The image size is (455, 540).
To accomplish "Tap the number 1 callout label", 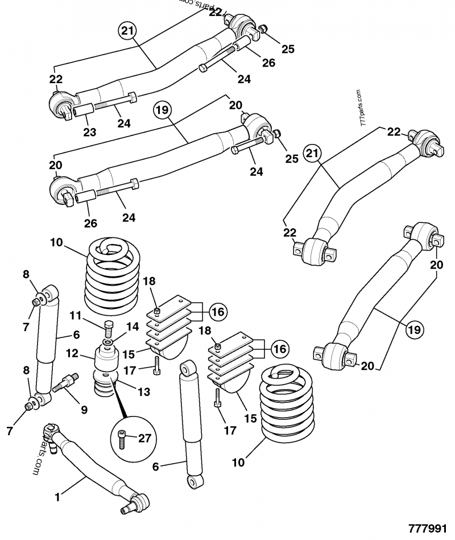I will coord(57,497).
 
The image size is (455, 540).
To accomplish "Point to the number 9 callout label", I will coord(84,409).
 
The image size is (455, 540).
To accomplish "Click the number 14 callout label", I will coord(133,327).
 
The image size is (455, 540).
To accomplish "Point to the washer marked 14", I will coord(108,344).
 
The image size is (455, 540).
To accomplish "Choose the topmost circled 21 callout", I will coord(129,31).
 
